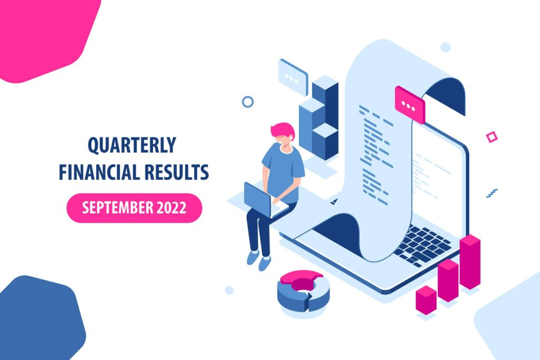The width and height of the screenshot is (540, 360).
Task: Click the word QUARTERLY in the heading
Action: coord(132,145)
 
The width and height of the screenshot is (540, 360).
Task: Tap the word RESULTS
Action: coord(177,172)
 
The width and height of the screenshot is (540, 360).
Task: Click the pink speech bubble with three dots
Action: coord(410,105)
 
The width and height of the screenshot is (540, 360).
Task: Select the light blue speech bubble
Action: coord(293,77)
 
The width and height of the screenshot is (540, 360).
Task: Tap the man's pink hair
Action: coord(283,131)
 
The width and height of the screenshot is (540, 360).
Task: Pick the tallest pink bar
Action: coord(470,261)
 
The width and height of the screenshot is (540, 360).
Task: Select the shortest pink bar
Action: coord(426,300)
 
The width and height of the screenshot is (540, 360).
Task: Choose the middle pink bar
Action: coord(448,280)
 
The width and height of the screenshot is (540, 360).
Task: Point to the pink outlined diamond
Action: coord(491,137)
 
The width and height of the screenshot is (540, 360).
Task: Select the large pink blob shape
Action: coord(45,34)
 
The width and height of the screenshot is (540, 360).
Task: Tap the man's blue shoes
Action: coord(259,260)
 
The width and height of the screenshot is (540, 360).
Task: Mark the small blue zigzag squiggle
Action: coord(492,193)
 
